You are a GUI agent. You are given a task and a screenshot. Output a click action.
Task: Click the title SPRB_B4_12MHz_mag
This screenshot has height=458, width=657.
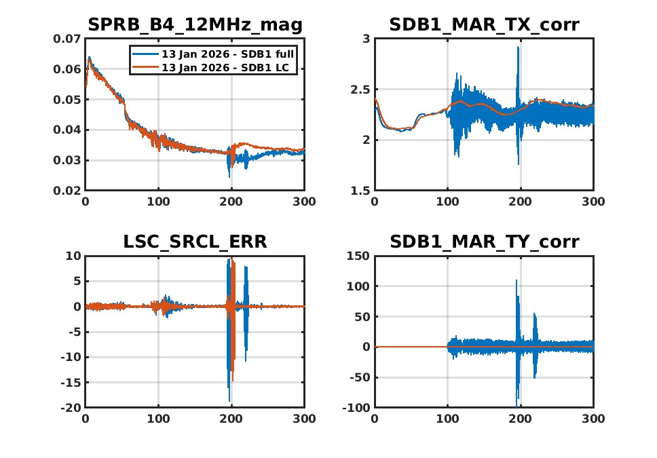coord(195,26)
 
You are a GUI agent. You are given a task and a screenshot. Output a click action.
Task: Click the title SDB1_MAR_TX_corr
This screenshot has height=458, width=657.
coord(484,26)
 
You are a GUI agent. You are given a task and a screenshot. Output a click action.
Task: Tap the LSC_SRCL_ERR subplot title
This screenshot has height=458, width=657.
coord(195,242)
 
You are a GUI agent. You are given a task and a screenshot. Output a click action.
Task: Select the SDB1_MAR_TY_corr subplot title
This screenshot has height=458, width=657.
coord(484,242)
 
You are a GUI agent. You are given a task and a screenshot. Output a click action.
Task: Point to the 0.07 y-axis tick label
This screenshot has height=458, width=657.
coord(67,39)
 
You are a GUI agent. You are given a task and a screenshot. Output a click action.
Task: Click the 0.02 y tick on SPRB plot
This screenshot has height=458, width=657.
coord(67,191)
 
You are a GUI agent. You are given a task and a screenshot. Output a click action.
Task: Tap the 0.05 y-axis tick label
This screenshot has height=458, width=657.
coord(67,100)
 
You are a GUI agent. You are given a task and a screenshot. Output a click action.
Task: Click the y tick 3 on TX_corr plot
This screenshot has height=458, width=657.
coord(366,39)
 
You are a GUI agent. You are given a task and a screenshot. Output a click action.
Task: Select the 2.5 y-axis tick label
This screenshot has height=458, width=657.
coord(360,90)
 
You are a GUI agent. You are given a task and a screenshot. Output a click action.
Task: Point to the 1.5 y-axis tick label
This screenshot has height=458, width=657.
coord(360,191)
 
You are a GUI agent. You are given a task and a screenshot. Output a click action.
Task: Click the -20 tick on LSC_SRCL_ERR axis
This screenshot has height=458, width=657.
coord(69,408)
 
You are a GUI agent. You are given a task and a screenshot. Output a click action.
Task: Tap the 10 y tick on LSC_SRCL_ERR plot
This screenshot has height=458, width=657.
coord(73,256)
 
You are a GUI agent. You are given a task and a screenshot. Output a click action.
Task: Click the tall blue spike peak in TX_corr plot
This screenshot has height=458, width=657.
coord(518,47)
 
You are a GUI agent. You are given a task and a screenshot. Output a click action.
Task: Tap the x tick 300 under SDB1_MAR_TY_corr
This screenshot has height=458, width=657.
coord(593,419)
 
